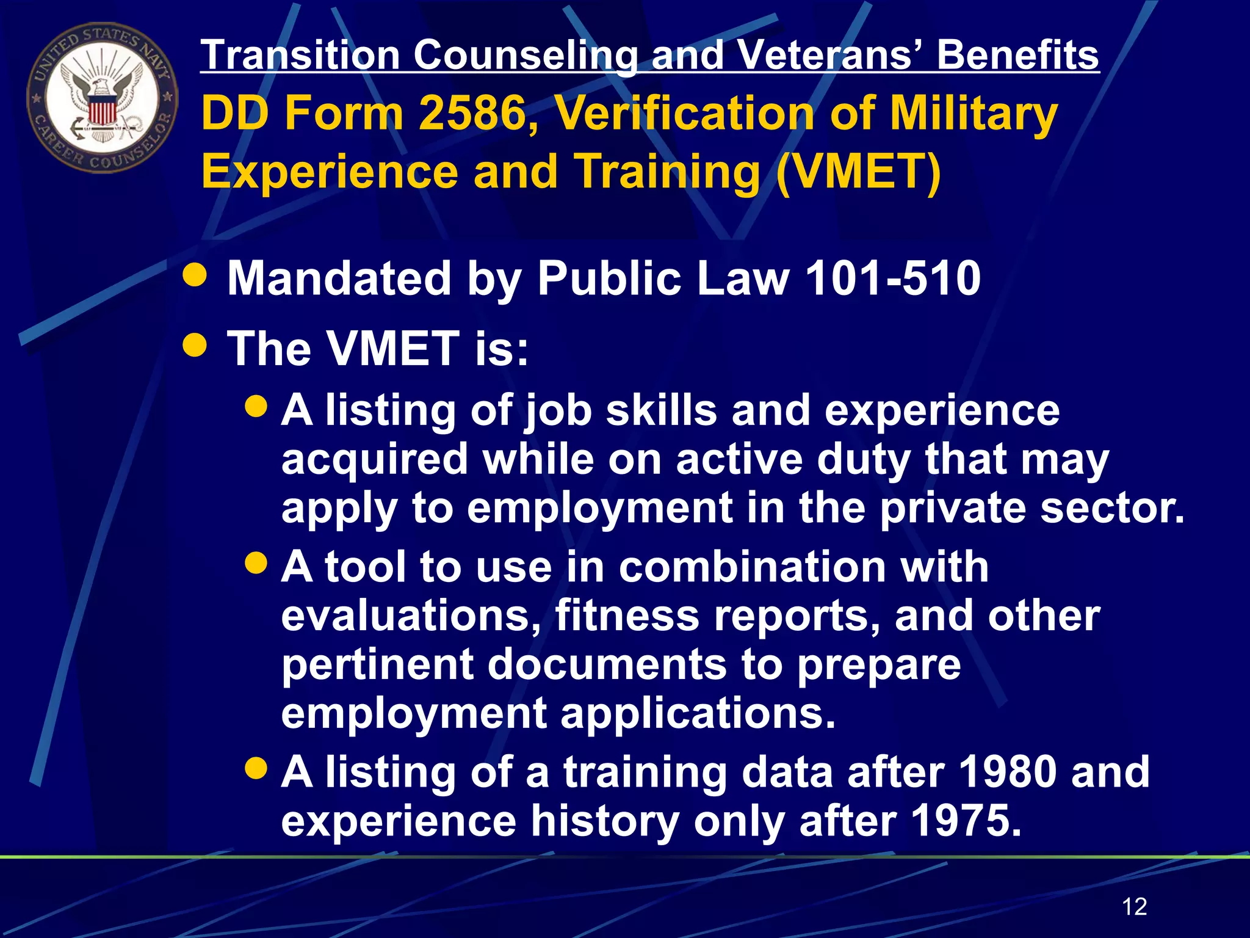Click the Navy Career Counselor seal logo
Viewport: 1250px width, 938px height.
click(x=102, y=98)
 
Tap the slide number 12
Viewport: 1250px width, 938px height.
click(x=1134, y=906)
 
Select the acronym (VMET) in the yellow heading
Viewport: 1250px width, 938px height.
click(x=858, y=172)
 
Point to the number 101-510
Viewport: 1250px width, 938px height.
click(x=892, y=278)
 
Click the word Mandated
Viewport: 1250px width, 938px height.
click(x=339, y=278)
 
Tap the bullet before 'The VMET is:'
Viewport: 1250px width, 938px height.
click(x=195, y=346)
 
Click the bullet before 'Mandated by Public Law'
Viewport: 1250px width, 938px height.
click(x=195, y=276)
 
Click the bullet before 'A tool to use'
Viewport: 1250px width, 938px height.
click(x=256, y=562)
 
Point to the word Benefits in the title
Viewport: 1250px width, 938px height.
click(x=1017, y=56)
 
